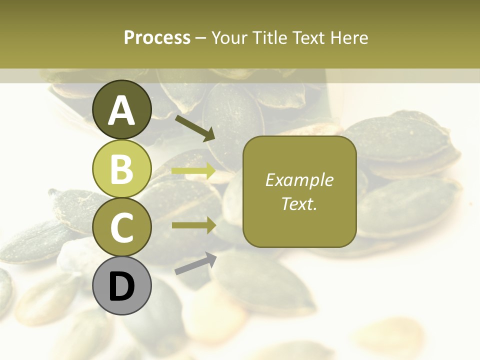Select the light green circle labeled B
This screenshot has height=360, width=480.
[122, 168]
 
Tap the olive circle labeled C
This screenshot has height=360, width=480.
[122, 227]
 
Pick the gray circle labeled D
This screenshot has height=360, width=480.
[122, 286]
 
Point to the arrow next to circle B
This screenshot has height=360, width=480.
[193, 171]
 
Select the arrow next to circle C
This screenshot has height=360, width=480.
[193, 225]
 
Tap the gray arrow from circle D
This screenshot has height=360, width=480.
[195, 263]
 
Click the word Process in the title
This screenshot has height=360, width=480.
[157, 37]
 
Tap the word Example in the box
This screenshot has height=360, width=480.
[299, 180]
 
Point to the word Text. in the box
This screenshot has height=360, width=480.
[299, 204]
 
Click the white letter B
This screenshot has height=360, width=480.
[122, 169]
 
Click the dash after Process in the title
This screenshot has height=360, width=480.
[201, 38]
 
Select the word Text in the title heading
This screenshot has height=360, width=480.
[308, 37]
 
